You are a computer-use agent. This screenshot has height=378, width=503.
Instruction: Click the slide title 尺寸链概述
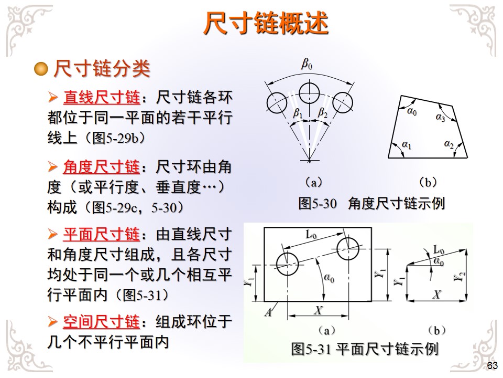(266, 23)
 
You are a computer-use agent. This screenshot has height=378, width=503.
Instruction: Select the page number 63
(492, 366)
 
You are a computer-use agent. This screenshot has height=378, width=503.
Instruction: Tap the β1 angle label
(297, 113)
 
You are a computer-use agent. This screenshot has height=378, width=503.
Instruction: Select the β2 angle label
(322, 113)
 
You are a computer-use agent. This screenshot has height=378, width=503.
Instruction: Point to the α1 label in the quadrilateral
(407, 144)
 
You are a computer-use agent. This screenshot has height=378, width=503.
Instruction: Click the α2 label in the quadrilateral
(449, 143)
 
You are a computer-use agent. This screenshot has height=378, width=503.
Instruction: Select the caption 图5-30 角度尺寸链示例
(371, 204)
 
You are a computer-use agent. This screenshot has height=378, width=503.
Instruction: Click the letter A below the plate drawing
(268, 312)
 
